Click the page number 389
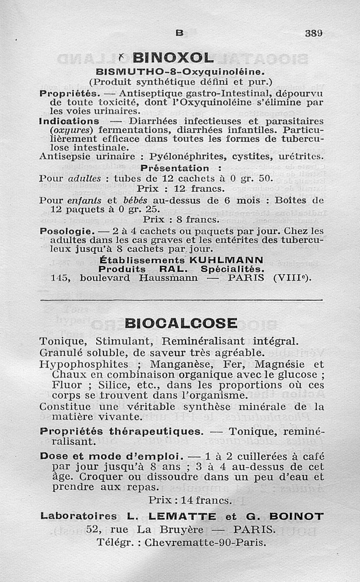click(314, 33)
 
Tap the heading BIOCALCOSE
click(181, 323)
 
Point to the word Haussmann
click(168, 278)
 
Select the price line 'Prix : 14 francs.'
click(190, 500)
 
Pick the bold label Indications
click(69, 121)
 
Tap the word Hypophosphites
click(84, 364)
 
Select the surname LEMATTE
click(186, 516)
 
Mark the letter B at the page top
click(180, 33)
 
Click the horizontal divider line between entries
click(181, 300)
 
